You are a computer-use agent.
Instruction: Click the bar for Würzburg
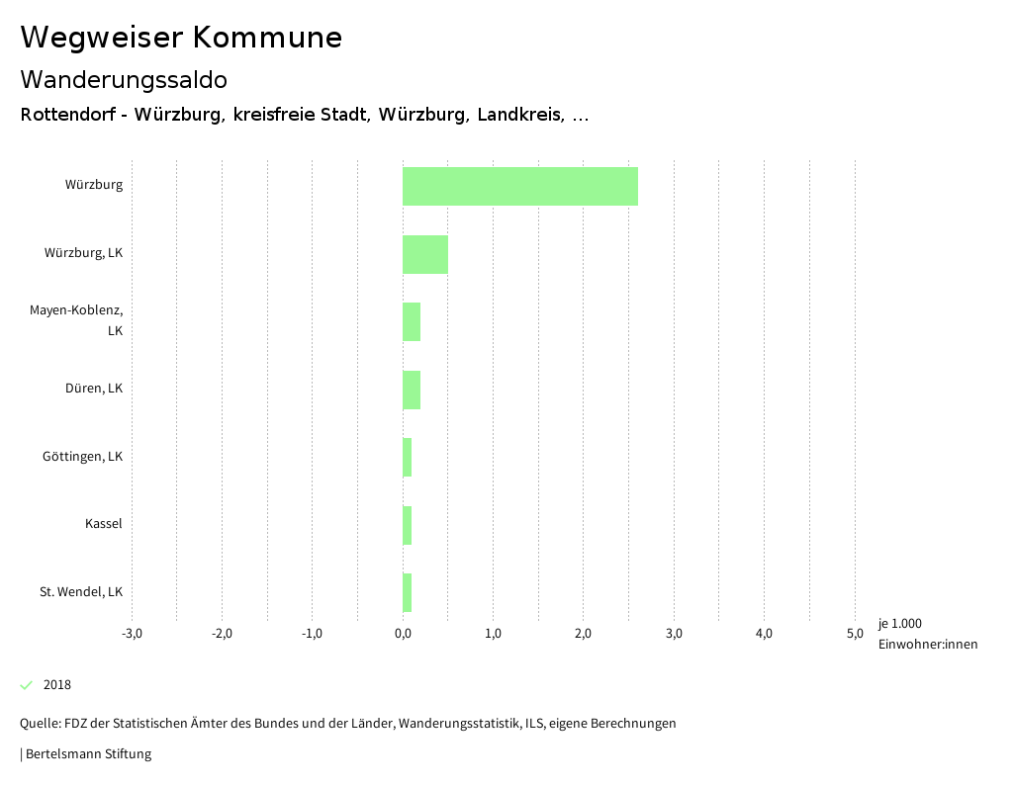519,186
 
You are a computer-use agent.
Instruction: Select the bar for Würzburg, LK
425,254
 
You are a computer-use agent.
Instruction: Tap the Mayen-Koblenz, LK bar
412,322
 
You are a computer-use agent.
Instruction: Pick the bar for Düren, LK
412,390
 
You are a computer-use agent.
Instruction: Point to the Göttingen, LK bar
408,458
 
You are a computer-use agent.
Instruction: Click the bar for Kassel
408,525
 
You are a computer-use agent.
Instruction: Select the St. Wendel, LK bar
408,593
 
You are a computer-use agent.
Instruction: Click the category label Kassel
104,524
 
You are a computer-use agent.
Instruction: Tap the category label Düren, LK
94,389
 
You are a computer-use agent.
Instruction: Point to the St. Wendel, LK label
81,592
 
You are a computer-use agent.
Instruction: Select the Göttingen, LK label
83,457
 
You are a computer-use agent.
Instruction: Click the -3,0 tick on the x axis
132,634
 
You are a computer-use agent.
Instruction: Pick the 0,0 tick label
403,634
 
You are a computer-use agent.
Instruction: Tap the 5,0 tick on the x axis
855,634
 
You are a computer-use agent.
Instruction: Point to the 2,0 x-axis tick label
584,634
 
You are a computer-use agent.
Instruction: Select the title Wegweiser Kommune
181,38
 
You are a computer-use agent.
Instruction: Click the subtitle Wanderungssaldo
124,79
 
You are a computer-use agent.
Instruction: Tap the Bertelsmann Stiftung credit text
87,754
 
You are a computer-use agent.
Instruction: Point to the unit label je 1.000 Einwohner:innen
927,634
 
